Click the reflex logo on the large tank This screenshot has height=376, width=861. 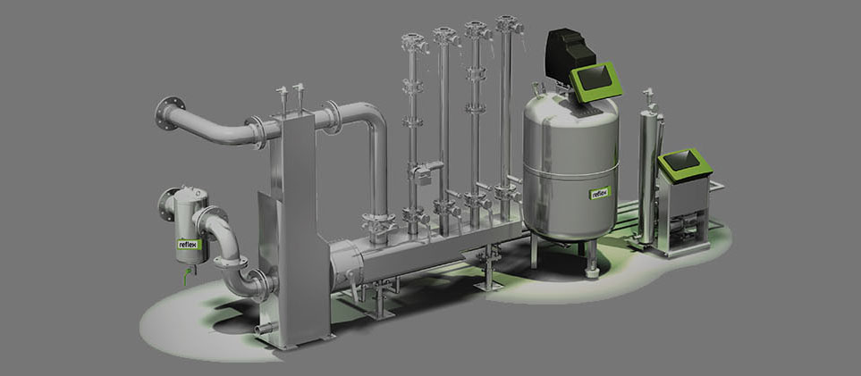coord(600,193)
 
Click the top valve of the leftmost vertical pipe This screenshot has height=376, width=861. coord(413,41)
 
